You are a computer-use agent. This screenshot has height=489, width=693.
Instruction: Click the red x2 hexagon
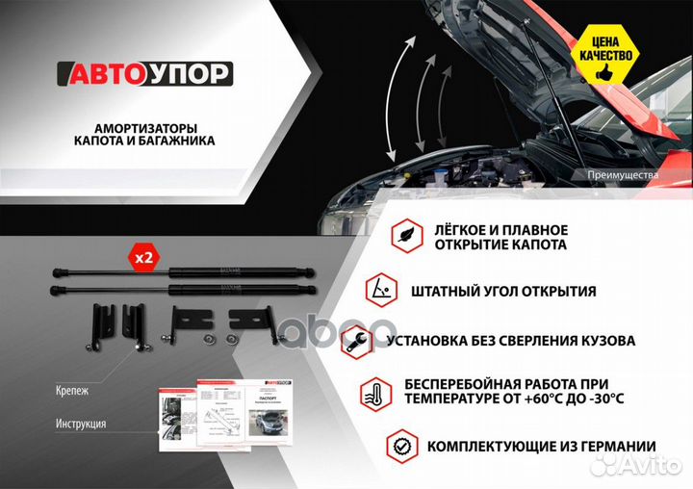tap(143, 258)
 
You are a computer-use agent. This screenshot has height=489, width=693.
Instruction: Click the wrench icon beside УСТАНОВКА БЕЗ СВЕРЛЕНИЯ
tap(357, 340)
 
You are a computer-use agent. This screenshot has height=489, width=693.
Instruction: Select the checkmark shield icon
tap(401, 447)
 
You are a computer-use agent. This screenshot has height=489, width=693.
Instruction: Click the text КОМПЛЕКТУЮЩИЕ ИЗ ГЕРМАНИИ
tap(541, 447)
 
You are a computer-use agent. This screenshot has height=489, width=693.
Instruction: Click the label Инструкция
tap(81, 424)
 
